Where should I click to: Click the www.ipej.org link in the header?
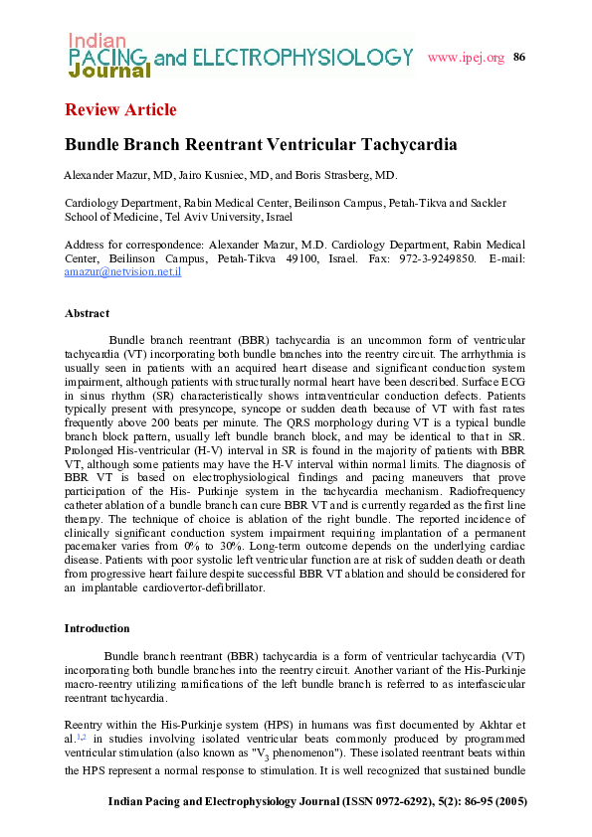pos(466,57)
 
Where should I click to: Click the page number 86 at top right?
pos(518,57)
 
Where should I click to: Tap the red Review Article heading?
pos(120,109)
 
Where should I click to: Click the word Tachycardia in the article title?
pos(407,144)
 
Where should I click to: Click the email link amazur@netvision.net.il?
pos(122,270)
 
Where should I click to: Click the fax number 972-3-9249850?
pos(434,257)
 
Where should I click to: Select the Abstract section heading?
pos(87,313)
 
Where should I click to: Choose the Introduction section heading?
pos(97,628)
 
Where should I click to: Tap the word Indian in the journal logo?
pos(97,41)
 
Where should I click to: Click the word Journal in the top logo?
pos(109,72)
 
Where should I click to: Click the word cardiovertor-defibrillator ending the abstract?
pos(208,588)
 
